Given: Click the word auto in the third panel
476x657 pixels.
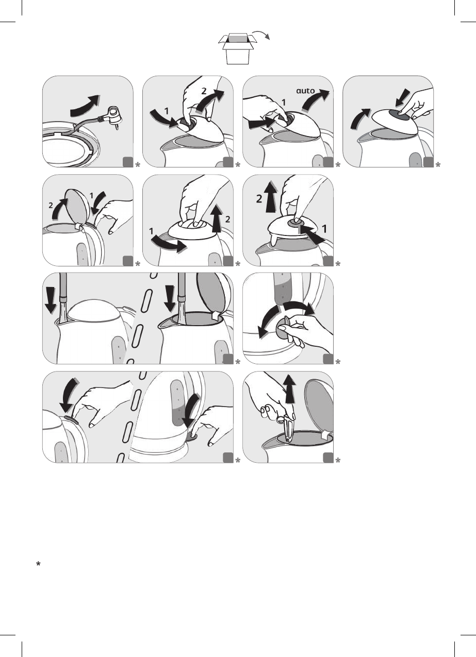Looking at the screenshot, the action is point(305,91).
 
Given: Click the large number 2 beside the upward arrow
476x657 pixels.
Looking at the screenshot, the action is point(259,199).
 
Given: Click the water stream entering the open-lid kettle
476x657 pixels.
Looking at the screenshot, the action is point(181,313).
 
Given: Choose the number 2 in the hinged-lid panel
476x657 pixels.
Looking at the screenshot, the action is point(51,206).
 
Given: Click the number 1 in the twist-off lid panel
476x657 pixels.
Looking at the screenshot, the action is point(151,231).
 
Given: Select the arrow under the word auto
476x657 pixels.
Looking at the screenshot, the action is point(316,101).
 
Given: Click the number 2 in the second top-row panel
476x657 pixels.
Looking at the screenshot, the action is point(204,91).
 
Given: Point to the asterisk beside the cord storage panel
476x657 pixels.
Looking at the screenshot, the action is point(137,165).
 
